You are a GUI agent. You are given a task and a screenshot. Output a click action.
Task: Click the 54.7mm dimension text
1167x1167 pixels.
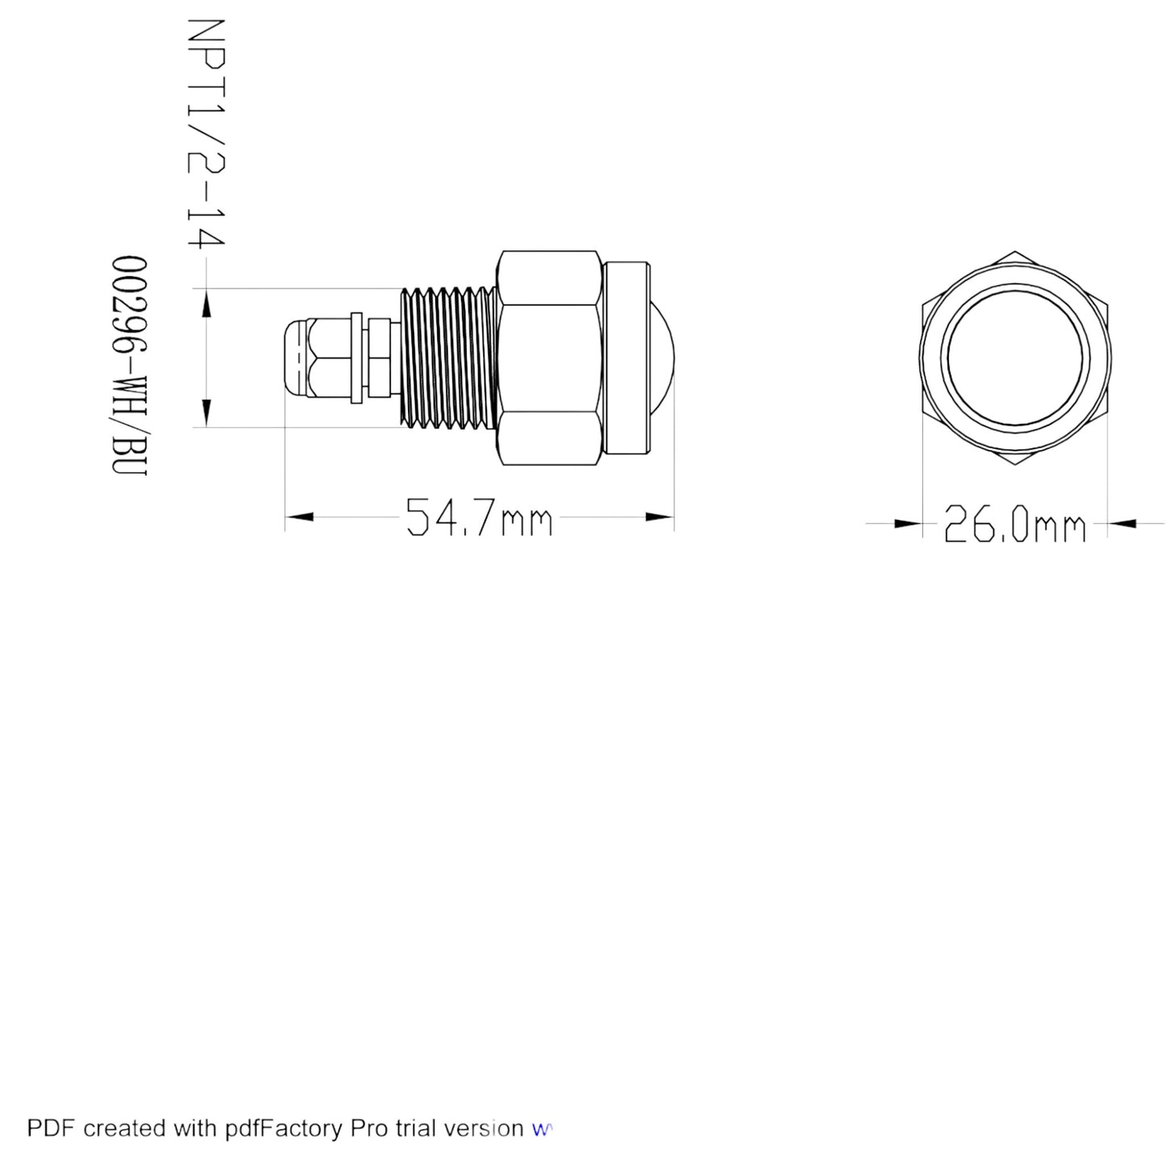(479, 517)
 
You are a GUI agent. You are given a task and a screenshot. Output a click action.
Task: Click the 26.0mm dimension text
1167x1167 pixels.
(1014, 523)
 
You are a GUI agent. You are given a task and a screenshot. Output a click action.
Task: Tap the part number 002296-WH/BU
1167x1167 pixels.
(129, 366)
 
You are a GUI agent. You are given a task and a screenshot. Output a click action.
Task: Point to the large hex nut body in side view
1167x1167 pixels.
(549, 358)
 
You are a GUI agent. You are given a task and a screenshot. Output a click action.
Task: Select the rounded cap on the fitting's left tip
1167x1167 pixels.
(296, 358)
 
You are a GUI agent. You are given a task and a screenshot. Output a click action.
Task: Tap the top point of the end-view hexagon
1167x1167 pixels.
(1015, 251)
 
